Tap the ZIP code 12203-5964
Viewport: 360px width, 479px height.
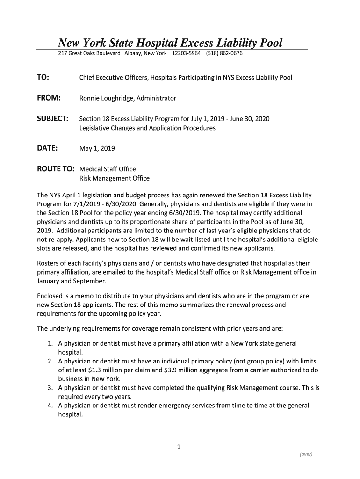[187, 53]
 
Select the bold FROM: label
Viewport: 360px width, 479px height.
[49, 98]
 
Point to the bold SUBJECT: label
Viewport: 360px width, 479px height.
[53, 119]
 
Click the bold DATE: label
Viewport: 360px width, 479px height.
[47, 148]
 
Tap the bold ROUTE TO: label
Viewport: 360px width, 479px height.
[56, 169]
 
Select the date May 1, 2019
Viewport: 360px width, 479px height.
[97, 149]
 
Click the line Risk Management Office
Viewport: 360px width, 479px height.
[115, 178]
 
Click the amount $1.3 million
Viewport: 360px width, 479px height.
[113, 370]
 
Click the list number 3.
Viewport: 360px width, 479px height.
[50, 388]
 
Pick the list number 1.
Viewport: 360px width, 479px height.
[50, 343]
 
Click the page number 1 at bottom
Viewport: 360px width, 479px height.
[179, 447]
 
